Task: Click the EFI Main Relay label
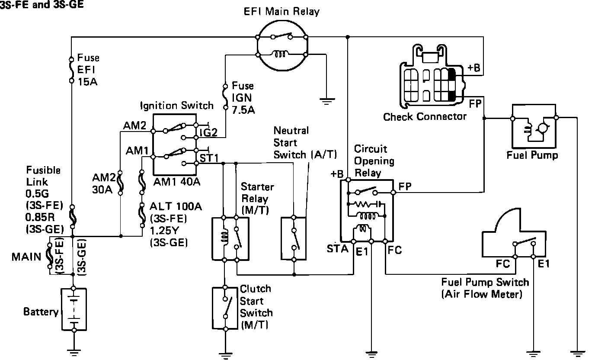click(x=281, y=12)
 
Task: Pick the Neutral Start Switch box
click(x=294, y=238)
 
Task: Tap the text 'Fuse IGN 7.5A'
click(x=243, y=98)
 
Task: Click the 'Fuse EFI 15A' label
click(x=88, y=70)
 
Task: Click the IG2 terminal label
click(x=208, y=132)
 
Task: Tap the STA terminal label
click(x=338, y=249)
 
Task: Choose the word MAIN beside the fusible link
click(x=26, y=257)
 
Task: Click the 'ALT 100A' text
click(x=176, y=206)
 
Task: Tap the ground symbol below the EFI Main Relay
click(x=327, y=102)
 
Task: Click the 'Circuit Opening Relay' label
click(x=374, y=161)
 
